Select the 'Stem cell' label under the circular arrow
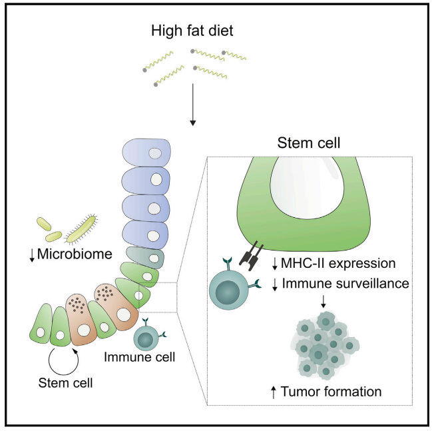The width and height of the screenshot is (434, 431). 65,382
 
